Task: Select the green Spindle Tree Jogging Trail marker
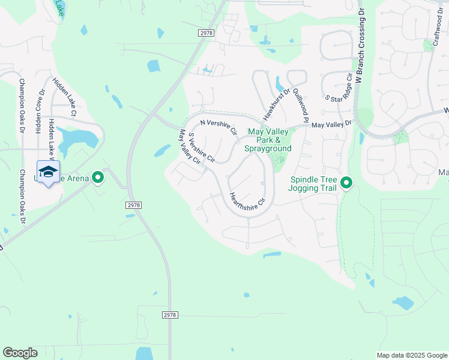[x=346, y=183]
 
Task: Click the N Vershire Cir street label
[x=219, y=127]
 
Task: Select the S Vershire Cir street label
[x=202, y=148]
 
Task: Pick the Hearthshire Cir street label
[x=246, y=201]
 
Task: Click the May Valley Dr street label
[x=331, y=124]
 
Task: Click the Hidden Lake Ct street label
[x=64, y=97]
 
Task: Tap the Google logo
[x=20, y=353]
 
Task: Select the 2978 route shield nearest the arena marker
[x=134, y=205]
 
